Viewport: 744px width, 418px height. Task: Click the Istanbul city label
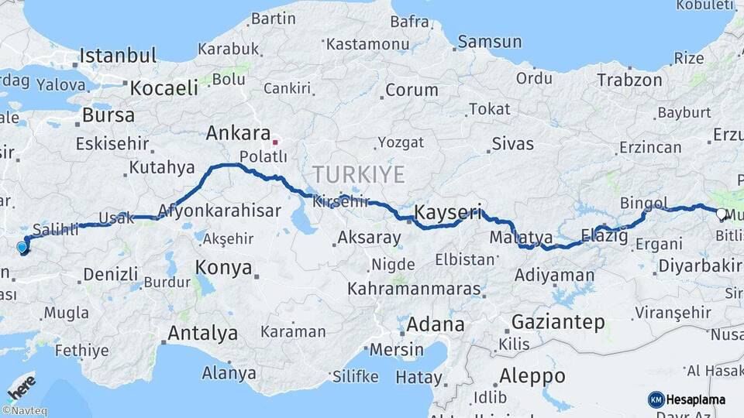click(118, 56)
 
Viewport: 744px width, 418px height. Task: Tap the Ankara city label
click(238, 133)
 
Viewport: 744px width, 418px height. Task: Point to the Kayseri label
click(448, 211)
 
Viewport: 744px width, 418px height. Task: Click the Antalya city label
click(202, 334)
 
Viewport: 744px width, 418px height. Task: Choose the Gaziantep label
click(557, 323)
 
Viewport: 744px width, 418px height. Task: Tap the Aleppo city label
click(532, 376)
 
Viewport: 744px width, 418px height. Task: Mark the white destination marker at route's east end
click(721, 214)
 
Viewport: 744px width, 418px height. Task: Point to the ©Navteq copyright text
click(24, 411)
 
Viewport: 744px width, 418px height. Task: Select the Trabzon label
click(629, 79)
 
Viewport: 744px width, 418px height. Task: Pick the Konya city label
click(224, 268)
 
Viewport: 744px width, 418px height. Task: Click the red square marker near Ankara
click(274, 142)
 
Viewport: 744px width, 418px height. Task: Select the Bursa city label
click(108, 116)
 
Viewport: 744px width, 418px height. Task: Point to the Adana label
click(436, 324)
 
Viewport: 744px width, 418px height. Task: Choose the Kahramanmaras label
click(413, 289)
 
